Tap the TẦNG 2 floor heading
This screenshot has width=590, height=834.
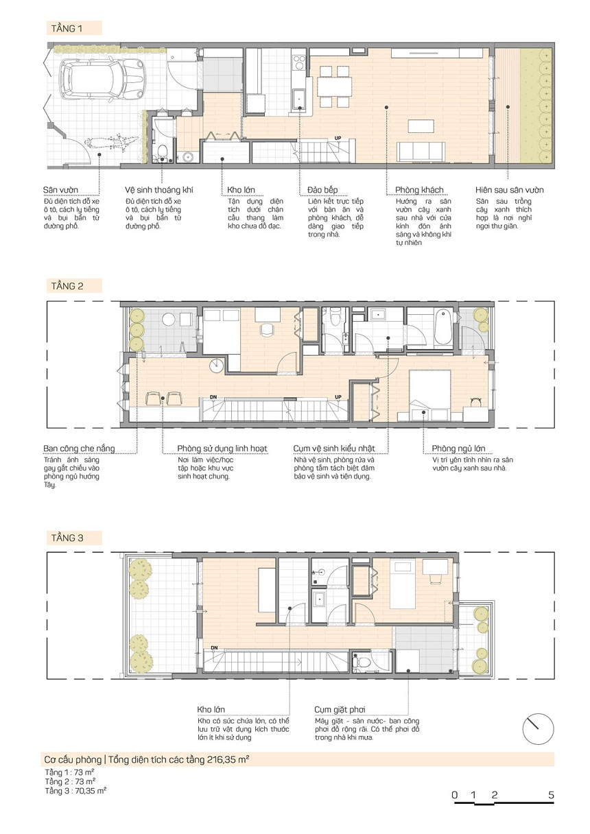click(67, 286)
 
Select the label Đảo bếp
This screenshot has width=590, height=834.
click(322, 190)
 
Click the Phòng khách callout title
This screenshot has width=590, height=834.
click(419, 190)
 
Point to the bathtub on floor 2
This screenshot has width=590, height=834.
click(443, 328)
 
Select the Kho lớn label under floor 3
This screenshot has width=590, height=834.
click(211, 709)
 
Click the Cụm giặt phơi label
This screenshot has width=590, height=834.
click(340, 709)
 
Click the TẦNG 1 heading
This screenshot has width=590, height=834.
click(67, 28)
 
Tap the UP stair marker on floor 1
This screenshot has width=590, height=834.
click(338, 138)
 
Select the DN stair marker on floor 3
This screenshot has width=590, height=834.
click(214, 648)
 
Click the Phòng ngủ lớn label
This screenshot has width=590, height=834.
click(458, 449)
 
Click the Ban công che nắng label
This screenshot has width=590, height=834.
click(79, 449)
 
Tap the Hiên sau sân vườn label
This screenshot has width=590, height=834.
click(510, 190)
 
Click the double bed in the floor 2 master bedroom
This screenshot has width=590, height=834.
click(430, 394)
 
